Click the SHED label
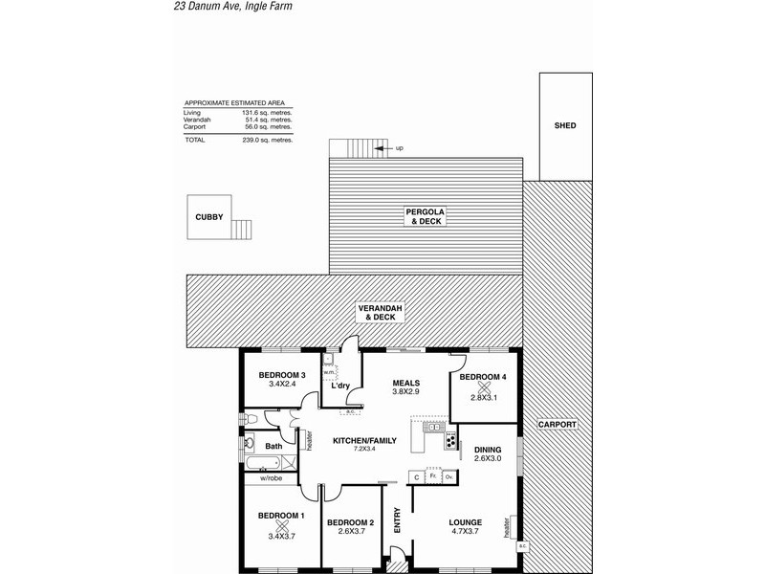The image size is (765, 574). pyautogui.click(x=565, y=125)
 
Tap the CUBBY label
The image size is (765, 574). pyautogui.click(x=209, y=217)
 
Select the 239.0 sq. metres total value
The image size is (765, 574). pyautogui.click(x=272, y=140)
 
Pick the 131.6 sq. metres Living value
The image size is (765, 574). pyautogui.click(x=272, y=113)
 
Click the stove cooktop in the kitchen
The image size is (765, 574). pyautogui.click(x=450, y=441)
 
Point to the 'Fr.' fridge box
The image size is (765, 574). pyautogui.click(x=432, y=475)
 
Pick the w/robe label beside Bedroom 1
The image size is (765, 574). pyautogui.click(x=269, y=478)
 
